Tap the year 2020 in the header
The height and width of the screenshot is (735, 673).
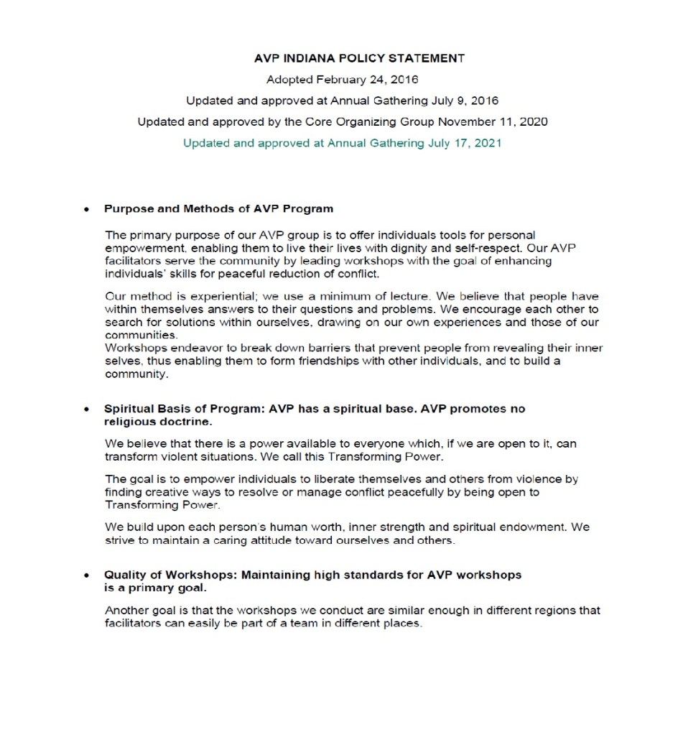point(532,121)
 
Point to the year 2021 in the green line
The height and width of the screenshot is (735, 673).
point(487,142)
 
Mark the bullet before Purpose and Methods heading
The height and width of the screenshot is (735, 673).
point(87,210)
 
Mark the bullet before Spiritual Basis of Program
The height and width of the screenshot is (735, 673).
point(87,409)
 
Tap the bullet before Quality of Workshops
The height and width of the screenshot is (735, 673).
point(87,575)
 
